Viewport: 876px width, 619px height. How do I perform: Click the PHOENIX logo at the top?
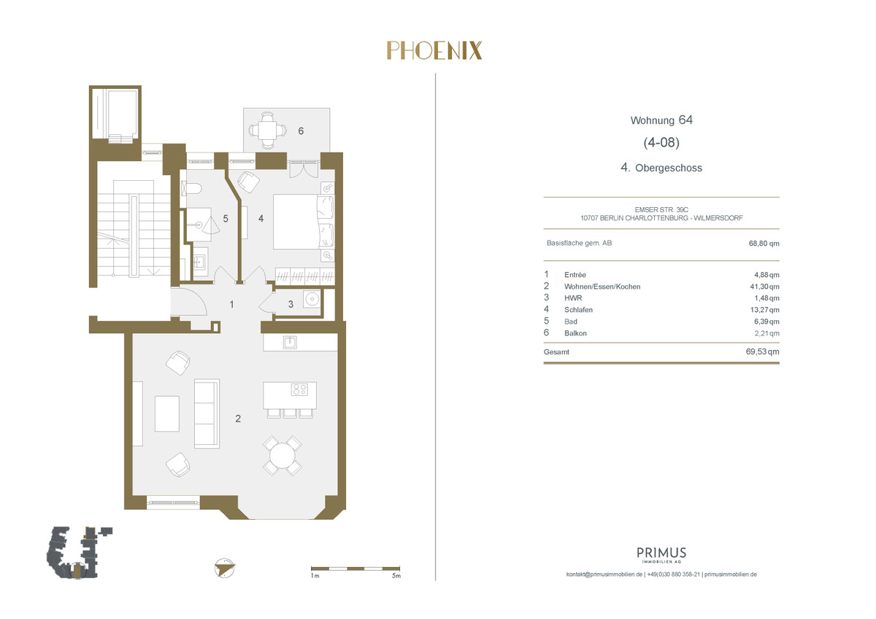pos(434,51)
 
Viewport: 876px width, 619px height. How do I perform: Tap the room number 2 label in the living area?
pos(238,418)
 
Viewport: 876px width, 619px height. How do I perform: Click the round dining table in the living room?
pos(283,456)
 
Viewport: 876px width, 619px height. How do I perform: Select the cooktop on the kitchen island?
pos(299,389)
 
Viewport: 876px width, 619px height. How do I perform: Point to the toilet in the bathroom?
pos(191,190)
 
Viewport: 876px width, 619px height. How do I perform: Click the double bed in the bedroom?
pos(304,222)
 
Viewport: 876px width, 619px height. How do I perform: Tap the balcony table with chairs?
pos(267,129)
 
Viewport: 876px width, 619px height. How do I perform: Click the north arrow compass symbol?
pos(225,568)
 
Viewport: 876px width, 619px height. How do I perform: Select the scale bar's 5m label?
pos(396,576)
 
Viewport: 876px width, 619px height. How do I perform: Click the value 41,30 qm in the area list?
pos(764,287)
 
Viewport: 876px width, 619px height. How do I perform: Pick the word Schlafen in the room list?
pos(578,310)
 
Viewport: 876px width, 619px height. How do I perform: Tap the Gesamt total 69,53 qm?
pos(762,351)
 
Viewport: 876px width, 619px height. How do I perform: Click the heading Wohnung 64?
pos(661,120)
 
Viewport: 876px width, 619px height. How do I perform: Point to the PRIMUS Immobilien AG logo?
pos(661,555)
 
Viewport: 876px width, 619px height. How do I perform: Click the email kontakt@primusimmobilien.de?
pos(604,575)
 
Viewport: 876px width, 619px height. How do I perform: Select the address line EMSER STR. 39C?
pos(661,210)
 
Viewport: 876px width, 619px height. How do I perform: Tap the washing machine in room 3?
pos(312,300)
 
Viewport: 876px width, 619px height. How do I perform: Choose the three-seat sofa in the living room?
pos(207,413)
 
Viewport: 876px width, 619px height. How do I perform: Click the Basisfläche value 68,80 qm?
pos(764,244)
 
